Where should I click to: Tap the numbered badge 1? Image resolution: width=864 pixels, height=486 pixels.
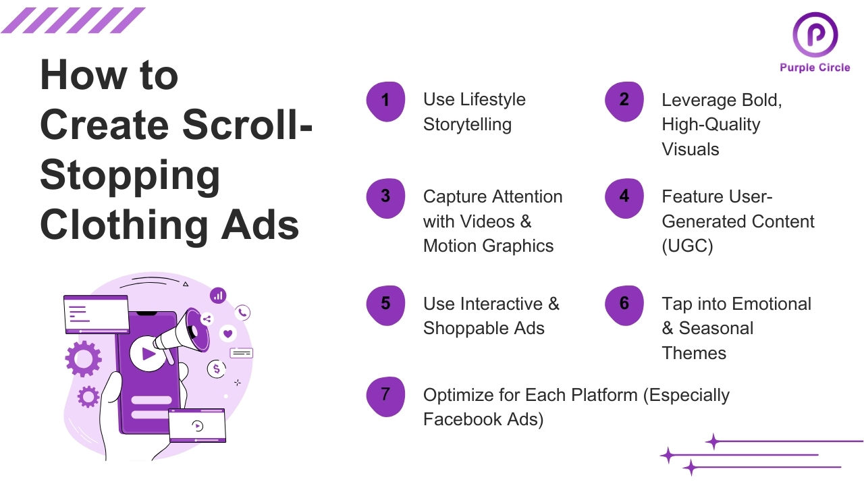click(x=385, y=101)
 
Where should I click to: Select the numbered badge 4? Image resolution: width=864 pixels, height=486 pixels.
click(x=624, y=197)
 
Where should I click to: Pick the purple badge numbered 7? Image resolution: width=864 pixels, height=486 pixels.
click(x=385, y=395)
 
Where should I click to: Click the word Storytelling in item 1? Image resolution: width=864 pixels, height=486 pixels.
click(x=467, y=125)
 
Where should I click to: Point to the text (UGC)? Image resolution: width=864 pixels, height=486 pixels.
click(x=687, y=246)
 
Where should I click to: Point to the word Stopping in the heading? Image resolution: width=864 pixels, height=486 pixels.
click(x=130, y=175)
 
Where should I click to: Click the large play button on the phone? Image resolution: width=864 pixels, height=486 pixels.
click(x=148, y=354)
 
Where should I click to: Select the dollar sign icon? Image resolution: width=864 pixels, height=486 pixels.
click(x=216, y=369)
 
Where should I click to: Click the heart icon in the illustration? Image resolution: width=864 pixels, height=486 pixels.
click(x=228, y=333)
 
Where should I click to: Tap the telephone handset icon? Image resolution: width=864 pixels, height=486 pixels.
click(x=243, y=313)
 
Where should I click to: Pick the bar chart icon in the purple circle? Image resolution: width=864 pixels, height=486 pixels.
click(x=218, y=295)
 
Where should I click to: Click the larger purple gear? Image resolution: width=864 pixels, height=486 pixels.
click(x=83, y=358)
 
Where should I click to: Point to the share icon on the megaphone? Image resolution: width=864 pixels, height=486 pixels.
click(x=207, y=319)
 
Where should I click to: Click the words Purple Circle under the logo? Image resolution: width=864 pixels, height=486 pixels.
click(x=815, y=67)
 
